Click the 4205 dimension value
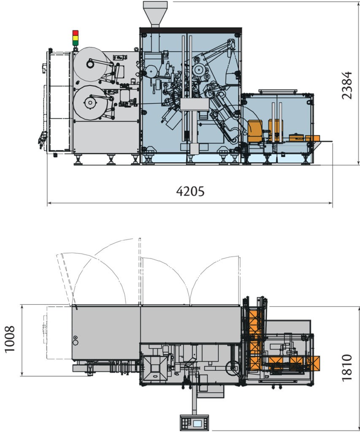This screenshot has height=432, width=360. pos(190,191)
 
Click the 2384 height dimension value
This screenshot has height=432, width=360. pos(347,85)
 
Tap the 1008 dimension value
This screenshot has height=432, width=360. pos(10,339)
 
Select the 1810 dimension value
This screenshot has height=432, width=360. pos(347,368)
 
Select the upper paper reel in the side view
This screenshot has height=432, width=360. pos(91,64)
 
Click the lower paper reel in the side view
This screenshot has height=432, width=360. pos(90,103)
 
